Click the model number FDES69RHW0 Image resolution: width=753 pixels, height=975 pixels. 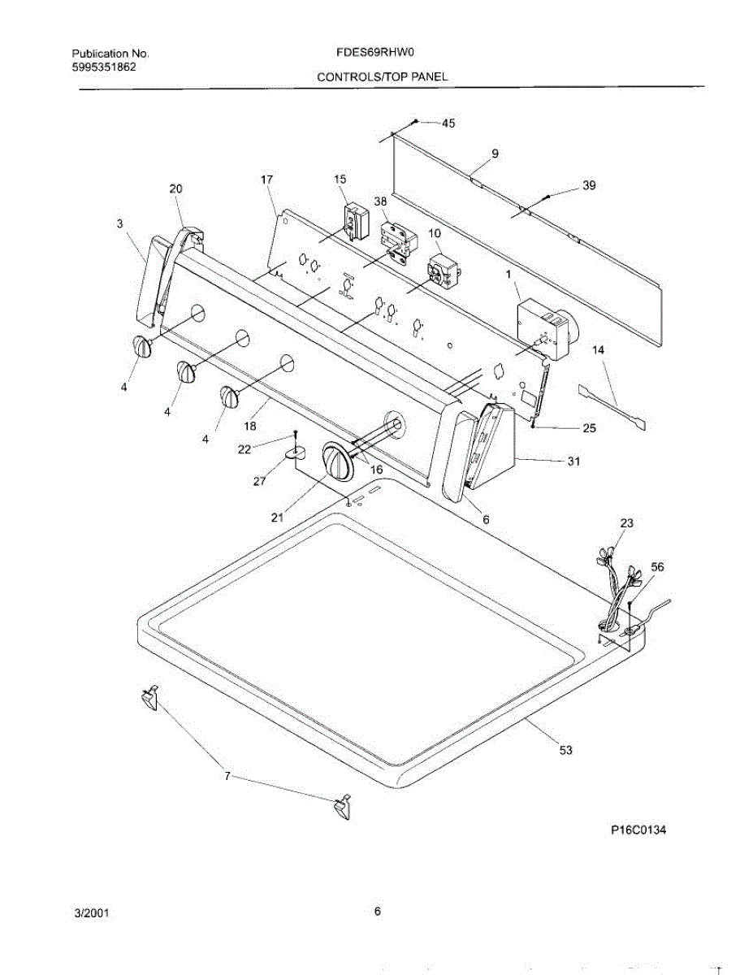coord(375,54)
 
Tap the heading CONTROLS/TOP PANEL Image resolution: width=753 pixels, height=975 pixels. coord(382,77)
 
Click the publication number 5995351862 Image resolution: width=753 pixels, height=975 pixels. coord(103,67)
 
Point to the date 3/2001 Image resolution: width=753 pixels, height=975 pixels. coord(92,912)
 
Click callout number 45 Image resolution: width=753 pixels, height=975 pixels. coord(448,123)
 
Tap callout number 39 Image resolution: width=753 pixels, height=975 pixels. coord(589,185)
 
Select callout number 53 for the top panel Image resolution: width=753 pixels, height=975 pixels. coord(566,750)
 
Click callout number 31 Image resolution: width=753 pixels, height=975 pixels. coord(573,461)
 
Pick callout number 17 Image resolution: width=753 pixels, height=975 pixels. coord(266,180)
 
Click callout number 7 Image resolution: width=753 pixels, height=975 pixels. coord(227,776)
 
